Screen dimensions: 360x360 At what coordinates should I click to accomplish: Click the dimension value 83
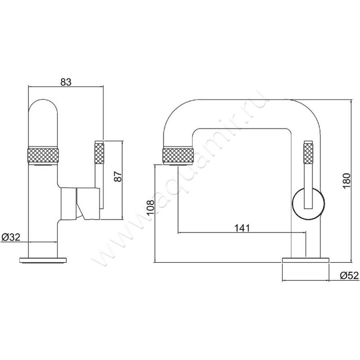tap(66, 82)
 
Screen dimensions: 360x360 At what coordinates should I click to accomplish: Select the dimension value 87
tap(119, 176)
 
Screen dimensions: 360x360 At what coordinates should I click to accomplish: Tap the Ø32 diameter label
tap(11, 237)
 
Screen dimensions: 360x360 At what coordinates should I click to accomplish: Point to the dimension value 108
tap(151, 207)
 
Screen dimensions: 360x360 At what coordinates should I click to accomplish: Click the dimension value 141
tap(242, 228)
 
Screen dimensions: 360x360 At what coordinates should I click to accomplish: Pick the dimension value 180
tap(346, 181)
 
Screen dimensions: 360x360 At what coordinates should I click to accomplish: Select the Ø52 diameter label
tap(349, 275)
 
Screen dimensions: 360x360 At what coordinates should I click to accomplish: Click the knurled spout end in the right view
tap(178, 156)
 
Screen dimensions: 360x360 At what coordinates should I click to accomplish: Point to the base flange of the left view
tap(43, 260)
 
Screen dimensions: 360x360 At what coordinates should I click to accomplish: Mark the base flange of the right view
tap(306, 260)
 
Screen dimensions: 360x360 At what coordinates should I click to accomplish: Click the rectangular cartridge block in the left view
tap(68, 203)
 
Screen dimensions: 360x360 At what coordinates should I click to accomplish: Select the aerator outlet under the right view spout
tap(178, 165)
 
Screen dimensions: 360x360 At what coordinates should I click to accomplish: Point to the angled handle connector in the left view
tap(88, 204)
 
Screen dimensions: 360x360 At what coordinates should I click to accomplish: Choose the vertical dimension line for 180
tap(351, 181)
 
